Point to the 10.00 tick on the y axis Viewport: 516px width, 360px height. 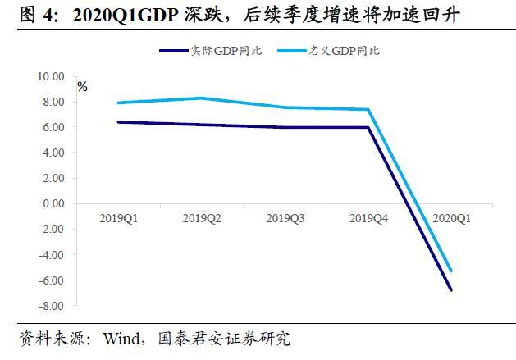51,76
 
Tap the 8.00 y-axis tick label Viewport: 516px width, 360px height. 53,102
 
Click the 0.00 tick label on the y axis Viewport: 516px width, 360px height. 53,203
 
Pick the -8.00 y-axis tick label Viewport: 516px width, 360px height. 51,306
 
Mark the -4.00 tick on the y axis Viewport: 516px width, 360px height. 51,255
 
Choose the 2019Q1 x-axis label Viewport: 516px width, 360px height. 118,218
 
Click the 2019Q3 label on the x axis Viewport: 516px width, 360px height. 285,218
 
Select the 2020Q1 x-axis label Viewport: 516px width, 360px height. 451,218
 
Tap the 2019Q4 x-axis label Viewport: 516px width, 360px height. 368,218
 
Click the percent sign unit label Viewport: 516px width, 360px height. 82,86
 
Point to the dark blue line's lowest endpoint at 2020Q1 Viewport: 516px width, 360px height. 451,289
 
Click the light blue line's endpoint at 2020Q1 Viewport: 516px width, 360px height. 451,271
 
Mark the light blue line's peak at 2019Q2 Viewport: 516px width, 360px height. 202,98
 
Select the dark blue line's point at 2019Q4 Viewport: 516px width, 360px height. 368,127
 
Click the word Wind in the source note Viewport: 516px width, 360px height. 120,338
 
